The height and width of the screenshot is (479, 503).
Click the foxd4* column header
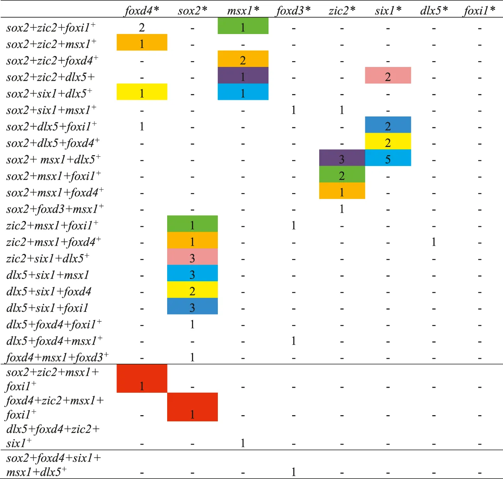pyautogui.click(x=142, y=10)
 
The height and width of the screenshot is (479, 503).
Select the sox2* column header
pyautogui.click(x=192, y=10)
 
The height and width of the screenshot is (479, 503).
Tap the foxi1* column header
pyautogui.click(x=479, y=10)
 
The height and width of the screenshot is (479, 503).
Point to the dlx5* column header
pyautogui.click(x=434, y=10)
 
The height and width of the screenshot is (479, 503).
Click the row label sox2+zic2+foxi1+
pyautogui.click(x=51, y=28)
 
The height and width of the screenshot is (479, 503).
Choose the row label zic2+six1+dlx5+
pyautogui.click(x=48, y=258)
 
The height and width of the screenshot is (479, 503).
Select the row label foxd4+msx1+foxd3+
pyautogui.click(x=57, y=357)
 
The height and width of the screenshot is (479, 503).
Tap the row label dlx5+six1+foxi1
pyautogui.click(x=47, y=308)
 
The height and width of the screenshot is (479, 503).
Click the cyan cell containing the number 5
pyautogui.click(x=388, y=159)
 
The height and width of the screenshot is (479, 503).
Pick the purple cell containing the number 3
pyautogui.click(x=342, y=159)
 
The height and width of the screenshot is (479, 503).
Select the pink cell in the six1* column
pyautogui.click(x=388, y=76)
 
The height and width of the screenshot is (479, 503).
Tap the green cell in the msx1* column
pyautogui.click(x=243, y=26)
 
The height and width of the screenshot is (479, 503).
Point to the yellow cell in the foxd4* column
pyautogui.click(x=142, y=92)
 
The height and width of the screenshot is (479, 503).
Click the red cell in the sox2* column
pyautogui.click(x=192, y=407)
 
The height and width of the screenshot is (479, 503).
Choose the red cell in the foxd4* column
pyautogui.click(x=142, y=378)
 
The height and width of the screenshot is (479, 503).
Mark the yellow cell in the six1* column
pyautogui.click(x=388, y=142)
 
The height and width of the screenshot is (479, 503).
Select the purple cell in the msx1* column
pyautogui.click(x=243, y=75)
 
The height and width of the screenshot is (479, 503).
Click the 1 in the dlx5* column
pyautogui.click(x=434, y=242)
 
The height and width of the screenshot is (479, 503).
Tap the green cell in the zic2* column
pyautogui.click(x=342, y=174)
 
